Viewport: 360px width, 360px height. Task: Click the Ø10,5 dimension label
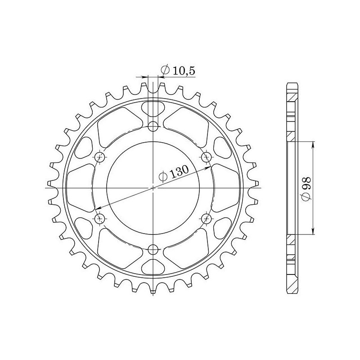point(177,70)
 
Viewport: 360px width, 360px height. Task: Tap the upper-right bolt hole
point(207,156)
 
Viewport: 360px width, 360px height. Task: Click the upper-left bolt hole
point(100,156)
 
